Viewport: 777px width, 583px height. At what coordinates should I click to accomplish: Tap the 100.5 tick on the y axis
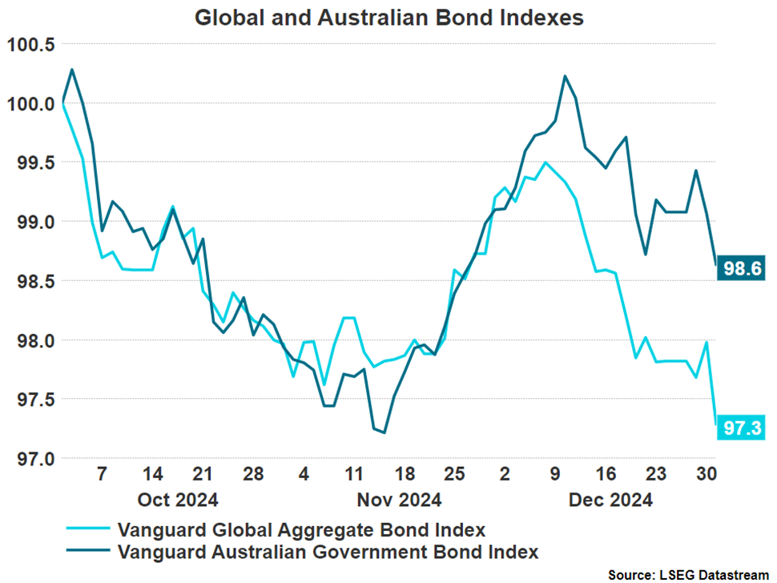tap(30, 44)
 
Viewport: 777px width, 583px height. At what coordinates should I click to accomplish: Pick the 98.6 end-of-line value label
tap(742, 267)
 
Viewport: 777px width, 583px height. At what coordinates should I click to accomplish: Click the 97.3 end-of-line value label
tap(742, 429)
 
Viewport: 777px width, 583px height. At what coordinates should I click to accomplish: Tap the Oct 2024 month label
tap(178, 501)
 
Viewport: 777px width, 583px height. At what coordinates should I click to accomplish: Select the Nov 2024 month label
tap(399, 501)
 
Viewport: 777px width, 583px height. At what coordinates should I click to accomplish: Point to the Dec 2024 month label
tap(610, 501)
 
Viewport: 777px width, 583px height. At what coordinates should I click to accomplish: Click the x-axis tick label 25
tap(455, 474)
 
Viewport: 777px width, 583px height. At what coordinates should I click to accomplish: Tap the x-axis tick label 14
tap(152, 474)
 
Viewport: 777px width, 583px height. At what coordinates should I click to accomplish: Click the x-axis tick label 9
tap(554, 474)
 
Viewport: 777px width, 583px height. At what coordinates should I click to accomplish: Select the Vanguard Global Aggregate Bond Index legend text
tap(301, 530)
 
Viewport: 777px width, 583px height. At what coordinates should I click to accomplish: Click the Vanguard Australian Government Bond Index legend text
tap(328, 552)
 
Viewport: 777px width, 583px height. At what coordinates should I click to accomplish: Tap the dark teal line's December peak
tap(565, 76)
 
